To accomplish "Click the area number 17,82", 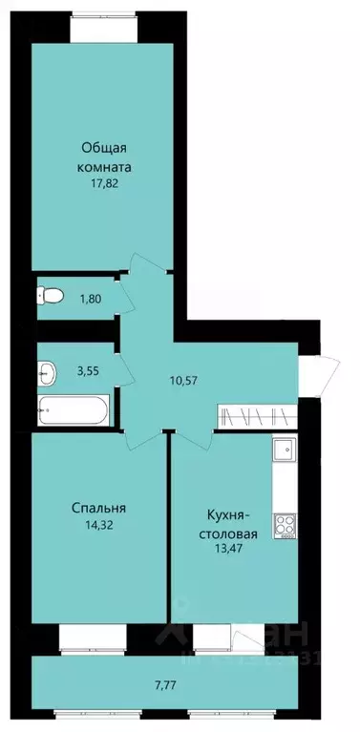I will coord(106,187).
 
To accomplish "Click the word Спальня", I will coord(98,507).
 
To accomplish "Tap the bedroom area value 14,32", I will coord(98,524).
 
